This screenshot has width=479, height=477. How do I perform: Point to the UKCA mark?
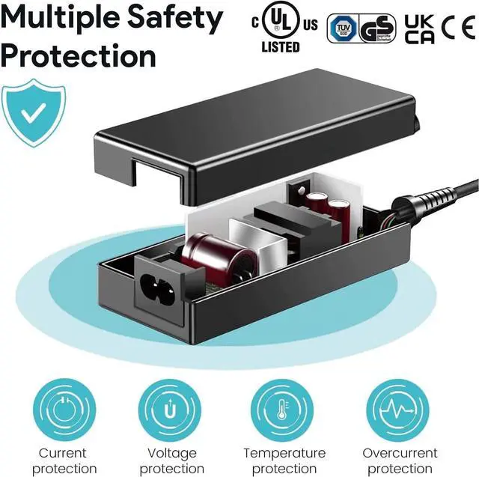(x=419, y=28)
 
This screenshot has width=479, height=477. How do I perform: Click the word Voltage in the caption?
(x=172, y=453)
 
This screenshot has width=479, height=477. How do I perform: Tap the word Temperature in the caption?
(x=284, y=453)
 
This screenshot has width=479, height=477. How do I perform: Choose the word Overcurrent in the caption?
(x=400, y=453)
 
